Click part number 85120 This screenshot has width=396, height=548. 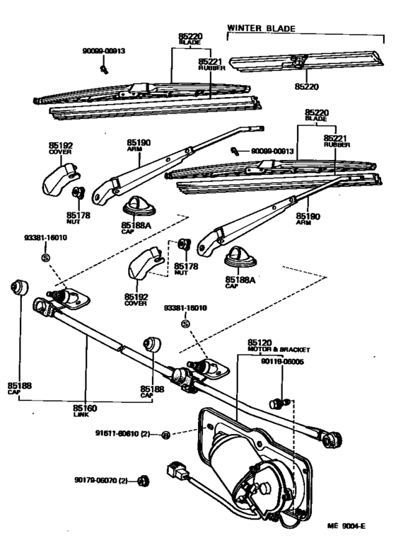(x=261, y=342)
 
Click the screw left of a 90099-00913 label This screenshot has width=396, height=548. (x=233, y=151)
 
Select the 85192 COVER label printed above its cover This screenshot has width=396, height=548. (x=61, y=148)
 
